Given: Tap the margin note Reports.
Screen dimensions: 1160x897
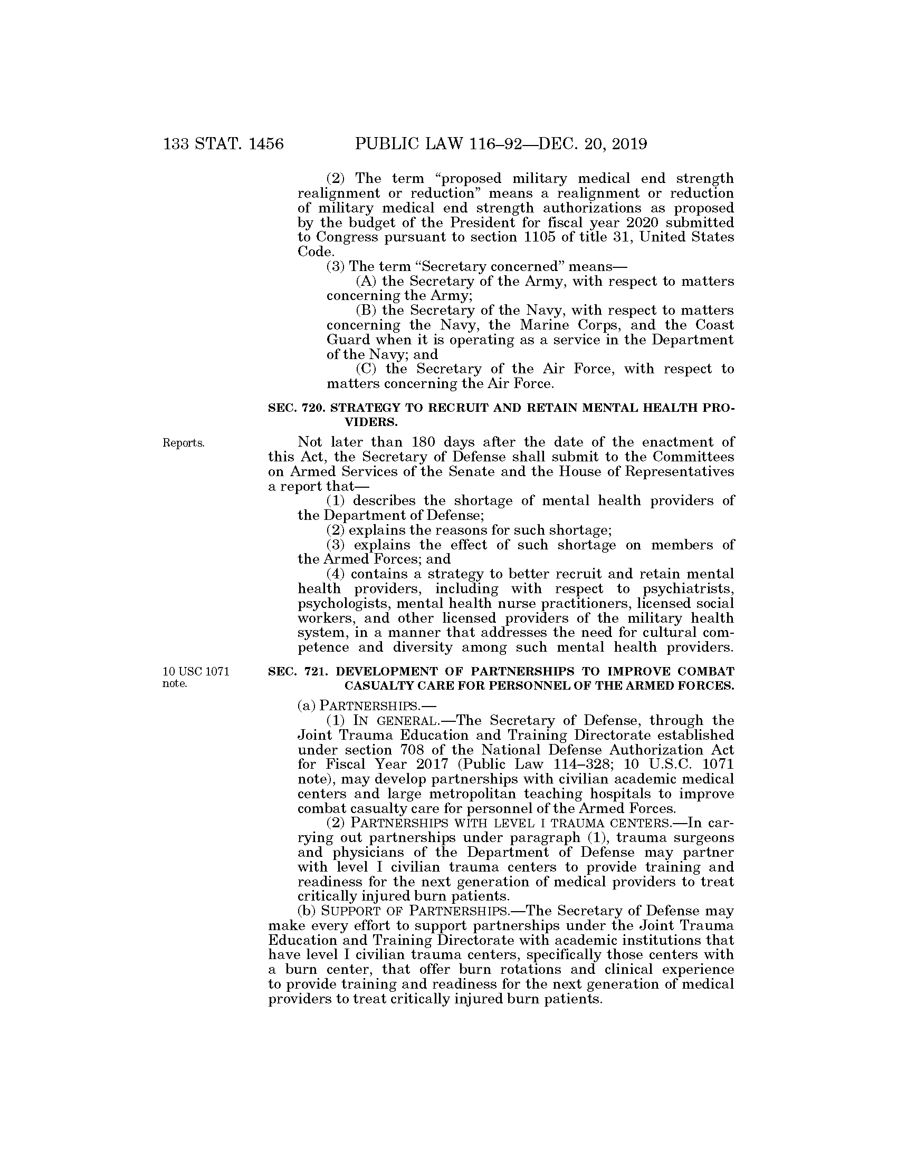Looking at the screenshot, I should click(183, 443).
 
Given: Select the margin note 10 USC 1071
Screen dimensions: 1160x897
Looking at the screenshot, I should click(196, 671).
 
